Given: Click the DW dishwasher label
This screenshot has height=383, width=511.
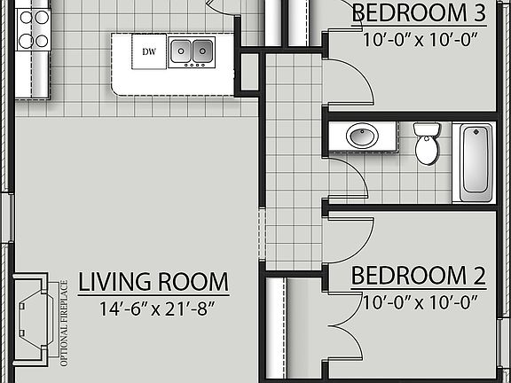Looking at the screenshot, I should point(149,51).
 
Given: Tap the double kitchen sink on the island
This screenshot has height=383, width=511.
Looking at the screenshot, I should point(192,51).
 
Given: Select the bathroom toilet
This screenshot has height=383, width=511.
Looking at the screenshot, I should point(428,144).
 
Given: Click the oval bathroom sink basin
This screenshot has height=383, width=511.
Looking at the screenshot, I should point(361,137).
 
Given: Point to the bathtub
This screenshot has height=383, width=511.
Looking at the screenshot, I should point(476,163).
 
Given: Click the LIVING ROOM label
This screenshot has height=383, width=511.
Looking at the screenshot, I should point(153,283).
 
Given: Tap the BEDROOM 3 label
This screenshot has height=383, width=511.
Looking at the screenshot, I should point(419,13).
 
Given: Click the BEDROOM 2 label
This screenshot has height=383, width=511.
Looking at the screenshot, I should point(418,275).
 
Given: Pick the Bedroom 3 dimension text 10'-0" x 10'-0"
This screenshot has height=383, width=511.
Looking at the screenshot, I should point(420,39).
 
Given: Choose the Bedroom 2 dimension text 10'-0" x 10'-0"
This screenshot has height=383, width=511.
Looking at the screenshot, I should point(420,301).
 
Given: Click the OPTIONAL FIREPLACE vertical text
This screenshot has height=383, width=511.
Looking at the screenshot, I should point(64,323).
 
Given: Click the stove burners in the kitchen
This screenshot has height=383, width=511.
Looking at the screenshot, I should point(32,28).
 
